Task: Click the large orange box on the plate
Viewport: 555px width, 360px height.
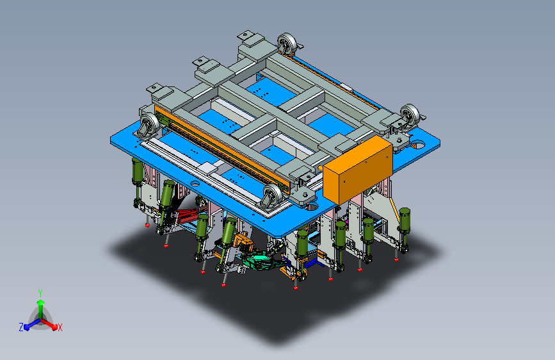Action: (357, 170)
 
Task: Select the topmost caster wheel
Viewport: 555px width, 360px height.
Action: (287, 44)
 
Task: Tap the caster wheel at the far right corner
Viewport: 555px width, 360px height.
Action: (410, 115)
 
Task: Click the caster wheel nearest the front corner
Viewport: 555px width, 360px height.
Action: (272, 195)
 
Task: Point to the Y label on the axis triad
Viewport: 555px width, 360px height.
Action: (40, 293)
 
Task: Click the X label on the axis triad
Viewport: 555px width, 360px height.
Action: (60, 328)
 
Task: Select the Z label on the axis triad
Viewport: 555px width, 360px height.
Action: (21, 327)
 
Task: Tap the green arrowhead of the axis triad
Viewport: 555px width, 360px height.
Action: (41, 302)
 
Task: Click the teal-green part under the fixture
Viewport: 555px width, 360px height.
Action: (261, 261)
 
